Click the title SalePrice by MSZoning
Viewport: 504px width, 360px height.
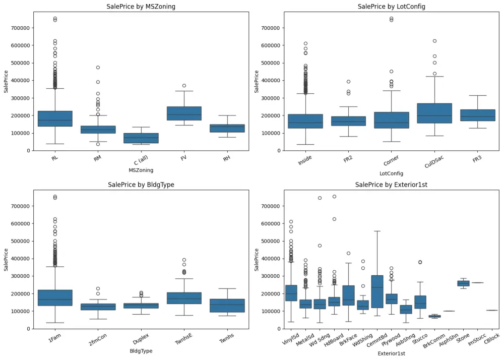(x=141, y=7)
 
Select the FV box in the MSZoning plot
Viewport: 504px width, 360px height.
(x=184, y=113)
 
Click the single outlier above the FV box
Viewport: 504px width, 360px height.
(x=184, y=86)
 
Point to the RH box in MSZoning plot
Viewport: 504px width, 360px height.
(x=227, y=128)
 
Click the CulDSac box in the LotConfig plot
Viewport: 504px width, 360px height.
(x=434, y=113)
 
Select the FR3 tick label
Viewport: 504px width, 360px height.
(x=477, y=159)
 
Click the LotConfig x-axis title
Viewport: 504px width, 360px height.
(x=391, y=173)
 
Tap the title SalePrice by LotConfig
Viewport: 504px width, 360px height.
(x=391, y=7)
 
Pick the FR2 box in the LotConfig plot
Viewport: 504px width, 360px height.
(x=348, y=121)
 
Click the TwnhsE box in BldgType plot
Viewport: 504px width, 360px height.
(x=184, y=298)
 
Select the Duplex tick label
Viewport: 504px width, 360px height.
(x=141, y=339)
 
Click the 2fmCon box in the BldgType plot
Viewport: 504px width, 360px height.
(x=98, y=307)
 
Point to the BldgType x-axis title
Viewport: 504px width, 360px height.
(x=141, y=351)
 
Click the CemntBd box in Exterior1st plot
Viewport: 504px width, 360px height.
(x=377, y=291)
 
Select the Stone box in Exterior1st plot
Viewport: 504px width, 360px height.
(x=463, y=283)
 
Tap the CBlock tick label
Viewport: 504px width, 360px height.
(x=491, y=338)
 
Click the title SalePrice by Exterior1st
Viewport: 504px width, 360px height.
(x=391, y=185)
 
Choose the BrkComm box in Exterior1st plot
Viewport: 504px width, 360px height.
(x=434, y=316)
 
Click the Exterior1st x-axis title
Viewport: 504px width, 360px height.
(x=391, y=353)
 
